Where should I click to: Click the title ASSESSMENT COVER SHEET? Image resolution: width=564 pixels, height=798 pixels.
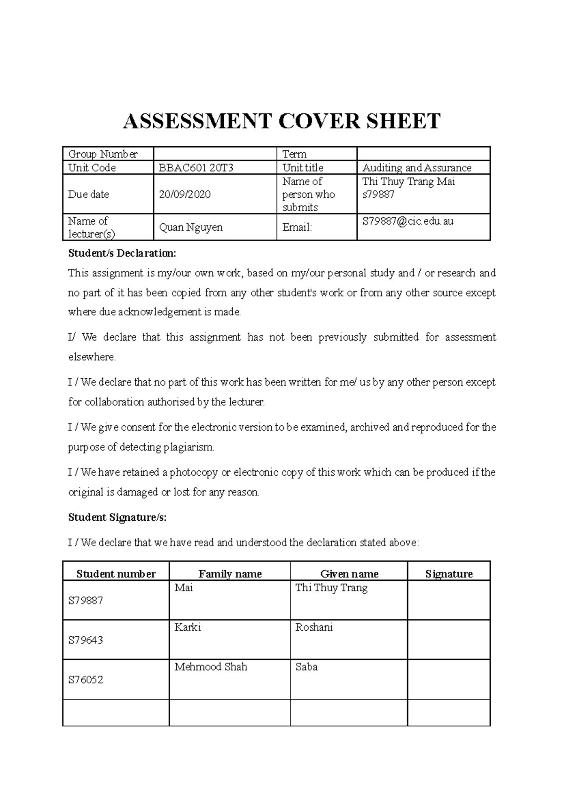point(282,121)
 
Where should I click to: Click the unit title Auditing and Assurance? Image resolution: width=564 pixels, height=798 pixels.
point(416,168)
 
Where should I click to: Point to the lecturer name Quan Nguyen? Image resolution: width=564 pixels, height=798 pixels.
point(191,227)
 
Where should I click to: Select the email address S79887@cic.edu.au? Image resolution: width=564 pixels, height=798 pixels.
point(407,221)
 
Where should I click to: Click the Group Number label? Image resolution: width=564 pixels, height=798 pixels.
point(103,154)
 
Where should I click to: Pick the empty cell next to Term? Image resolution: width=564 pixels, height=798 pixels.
point(423,154)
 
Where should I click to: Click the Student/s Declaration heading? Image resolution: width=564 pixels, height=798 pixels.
point(122,253)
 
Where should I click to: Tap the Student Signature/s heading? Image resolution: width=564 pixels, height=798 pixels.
point(117,517)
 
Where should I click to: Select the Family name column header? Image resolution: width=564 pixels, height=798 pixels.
point(230,574)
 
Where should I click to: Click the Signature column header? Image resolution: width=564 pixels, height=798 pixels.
point(449,574)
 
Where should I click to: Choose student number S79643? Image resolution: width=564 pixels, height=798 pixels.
point(86,640)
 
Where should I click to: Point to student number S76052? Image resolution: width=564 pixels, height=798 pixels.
point(86,680)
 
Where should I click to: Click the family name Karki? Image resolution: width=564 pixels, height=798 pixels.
point(188,627)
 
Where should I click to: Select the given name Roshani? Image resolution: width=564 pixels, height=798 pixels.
point(314,627)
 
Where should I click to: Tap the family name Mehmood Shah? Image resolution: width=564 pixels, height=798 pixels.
point(211,667)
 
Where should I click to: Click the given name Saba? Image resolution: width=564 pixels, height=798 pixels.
point(306,667)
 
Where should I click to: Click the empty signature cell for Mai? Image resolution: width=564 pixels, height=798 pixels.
point(448,600)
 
